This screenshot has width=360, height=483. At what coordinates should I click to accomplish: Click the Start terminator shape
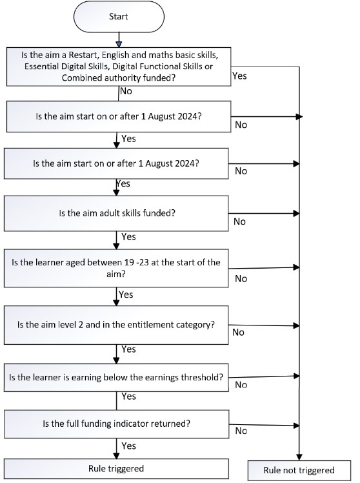(119, 17)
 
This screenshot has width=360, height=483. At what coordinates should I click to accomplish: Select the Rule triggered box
(116, 469)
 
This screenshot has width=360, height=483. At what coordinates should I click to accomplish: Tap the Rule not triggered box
(299, 470)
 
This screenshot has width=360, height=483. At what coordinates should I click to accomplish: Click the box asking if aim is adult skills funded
(116, 213)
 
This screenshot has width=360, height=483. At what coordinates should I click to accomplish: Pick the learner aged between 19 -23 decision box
(116, 268)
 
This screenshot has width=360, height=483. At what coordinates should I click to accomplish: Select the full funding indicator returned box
(117, 424)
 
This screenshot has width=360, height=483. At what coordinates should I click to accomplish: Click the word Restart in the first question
(83, 55)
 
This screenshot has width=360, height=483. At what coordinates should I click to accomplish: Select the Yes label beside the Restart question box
(239, 76)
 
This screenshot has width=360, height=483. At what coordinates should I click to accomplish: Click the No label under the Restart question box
(126, 91)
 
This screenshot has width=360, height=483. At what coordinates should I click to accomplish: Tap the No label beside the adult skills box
(240, 221)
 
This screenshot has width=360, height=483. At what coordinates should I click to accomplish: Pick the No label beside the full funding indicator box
(241, 431)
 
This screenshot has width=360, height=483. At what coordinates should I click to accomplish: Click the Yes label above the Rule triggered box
(128, 446)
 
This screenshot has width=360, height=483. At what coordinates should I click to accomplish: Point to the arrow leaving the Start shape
(119, 40)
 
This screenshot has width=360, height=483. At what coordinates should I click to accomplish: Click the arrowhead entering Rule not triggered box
(299, 457)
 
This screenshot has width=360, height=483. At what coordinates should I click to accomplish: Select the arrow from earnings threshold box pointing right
(264, 376)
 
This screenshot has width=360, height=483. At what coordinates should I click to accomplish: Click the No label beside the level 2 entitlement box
(239, 332)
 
